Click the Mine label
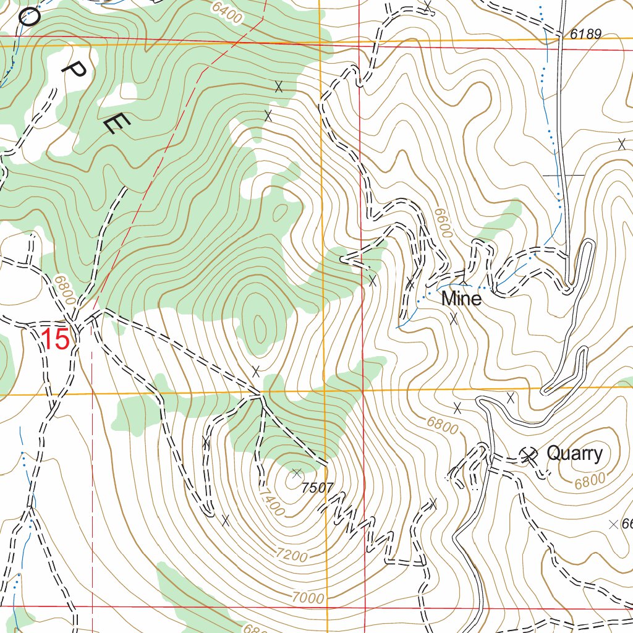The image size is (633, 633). point(461,299)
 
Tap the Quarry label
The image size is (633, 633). point(574,454)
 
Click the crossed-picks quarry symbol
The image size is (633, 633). point(528,456)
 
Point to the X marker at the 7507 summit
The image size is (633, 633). point(297,473)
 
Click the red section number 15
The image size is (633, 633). point(55,339)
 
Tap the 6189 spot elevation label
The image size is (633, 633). point(585,35)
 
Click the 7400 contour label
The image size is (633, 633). point(271,502)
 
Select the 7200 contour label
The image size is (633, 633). point(292,556)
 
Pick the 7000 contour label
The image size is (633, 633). point(308,598)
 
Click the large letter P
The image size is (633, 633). point(75,74)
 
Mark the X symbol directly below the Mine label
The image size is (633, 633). point(454,319)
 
